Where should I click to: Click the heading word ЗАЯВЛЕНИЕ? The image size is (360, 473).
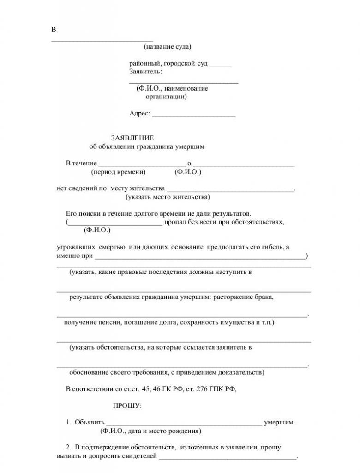[132, 138]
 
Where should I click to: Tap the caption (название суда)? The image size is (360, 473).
[167, 46]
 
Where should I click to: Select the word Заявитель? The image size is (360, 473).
[145, 71]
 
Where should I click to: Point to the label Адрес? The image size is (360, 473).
[140, 114]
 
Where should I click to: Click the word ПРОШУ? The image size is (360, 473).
[128, 406]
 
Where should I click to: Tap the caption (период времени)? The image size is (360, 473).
[118, 172]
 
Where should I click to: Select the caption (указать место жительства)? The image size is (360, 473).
[168, 197]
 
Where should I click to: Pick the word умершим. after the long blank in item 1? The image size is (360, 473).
[279, 422]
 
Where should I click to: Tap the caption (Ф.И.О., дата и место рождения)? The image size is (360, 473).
[150, 431]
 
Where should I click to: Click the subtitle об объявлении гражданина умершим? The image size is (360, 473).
[146, 146]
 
